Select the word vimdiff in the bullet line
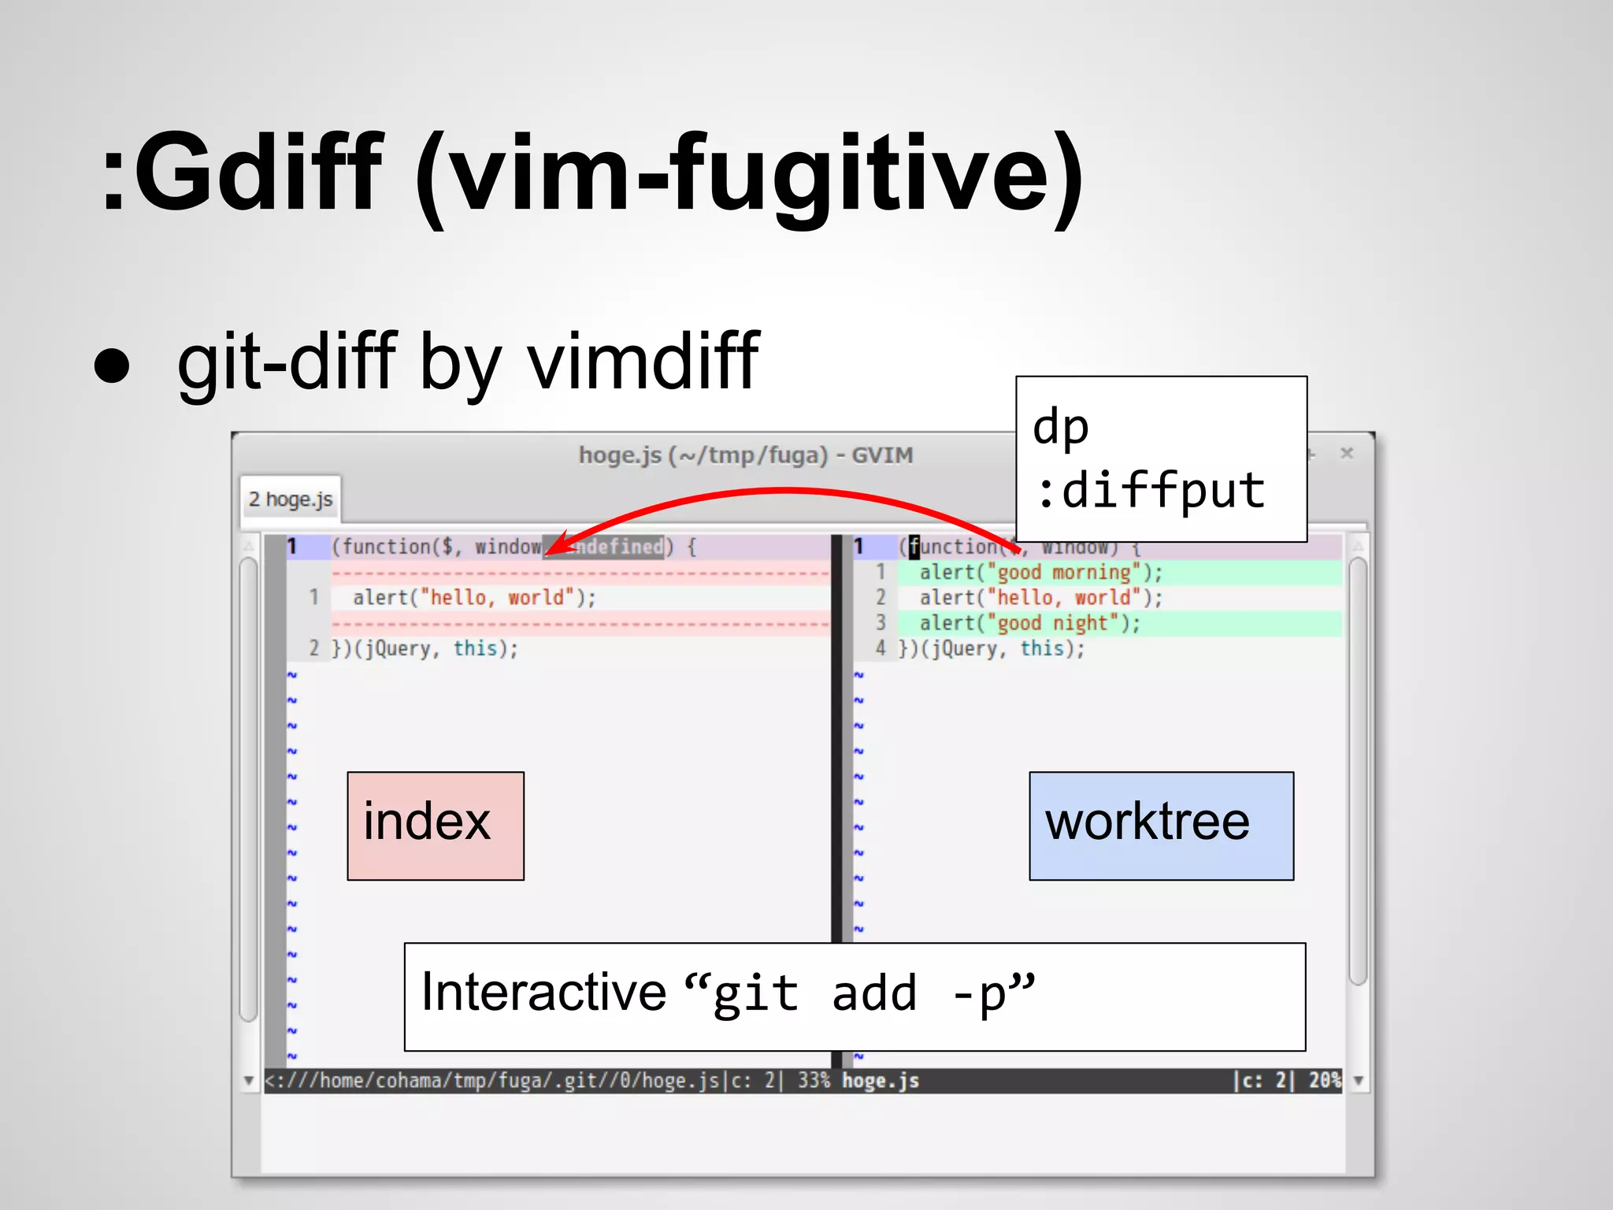click(643, 362)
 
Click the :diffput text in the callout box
click(1151, 490)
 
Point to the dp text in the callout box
click(1061, 428)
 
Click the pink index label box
click(436, 825)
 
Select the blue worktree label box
click(1161, 825)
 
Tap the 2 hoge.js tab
click(291, 499)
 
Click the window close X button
click(1347, 453)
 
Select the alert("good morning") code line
click(1040, 573)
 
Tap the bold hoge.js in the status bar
click(881, 1080)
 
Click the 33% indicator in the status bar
click(814, 1080)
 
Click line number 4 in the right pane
click(881, 649)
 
